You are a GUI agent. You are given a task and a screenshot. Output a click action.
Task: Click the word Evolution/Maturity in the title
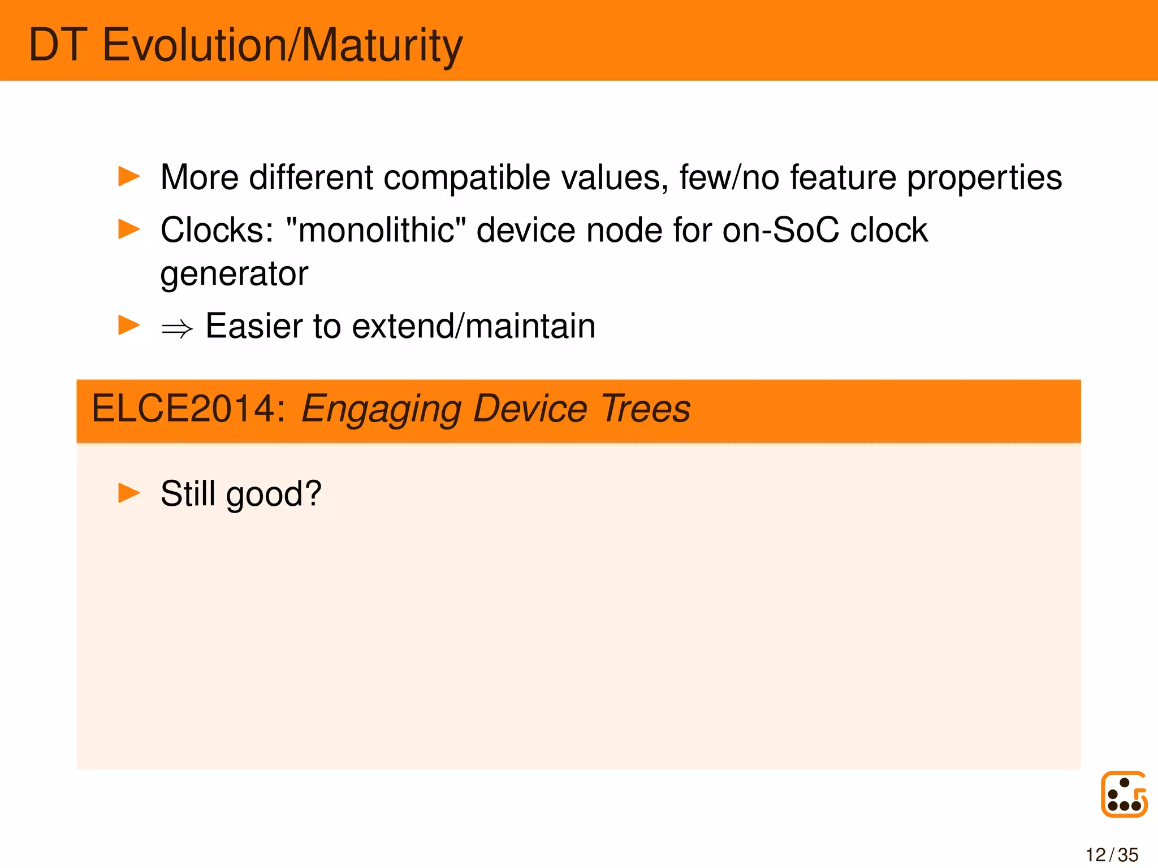[282, 45]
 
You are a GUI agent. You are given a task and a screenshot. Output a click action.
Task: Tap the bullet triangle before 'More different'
[129, 176]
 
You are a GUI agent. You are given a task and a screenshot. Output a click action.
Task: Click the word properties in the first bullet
[984, 177]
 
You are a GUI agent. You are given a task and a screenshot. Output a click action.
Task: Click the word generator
[234, 275]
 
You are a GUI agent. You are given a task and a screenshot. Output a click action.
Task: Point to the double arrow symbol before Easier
[177, 328]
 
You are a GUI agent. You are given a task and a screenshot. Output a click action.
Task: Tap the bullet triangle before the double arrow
[129, 325]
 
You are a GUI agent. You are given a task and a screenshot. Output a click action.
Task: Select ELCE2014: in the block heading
[189, 409]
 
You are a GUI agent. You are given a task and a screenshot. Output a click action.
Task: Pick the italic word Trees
[645, 409]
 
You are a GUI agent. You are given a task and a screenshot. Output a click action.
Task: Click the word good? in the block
[274, 494]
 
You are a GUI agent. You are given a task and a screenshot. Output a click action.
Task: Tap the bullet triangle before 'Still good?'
[129, 493]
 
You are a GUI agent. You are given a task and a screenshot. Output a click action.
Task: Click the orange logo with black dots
[1124, 795]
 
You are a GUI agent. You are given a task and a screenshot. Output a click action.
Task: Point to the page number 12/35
[1112, 854]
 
